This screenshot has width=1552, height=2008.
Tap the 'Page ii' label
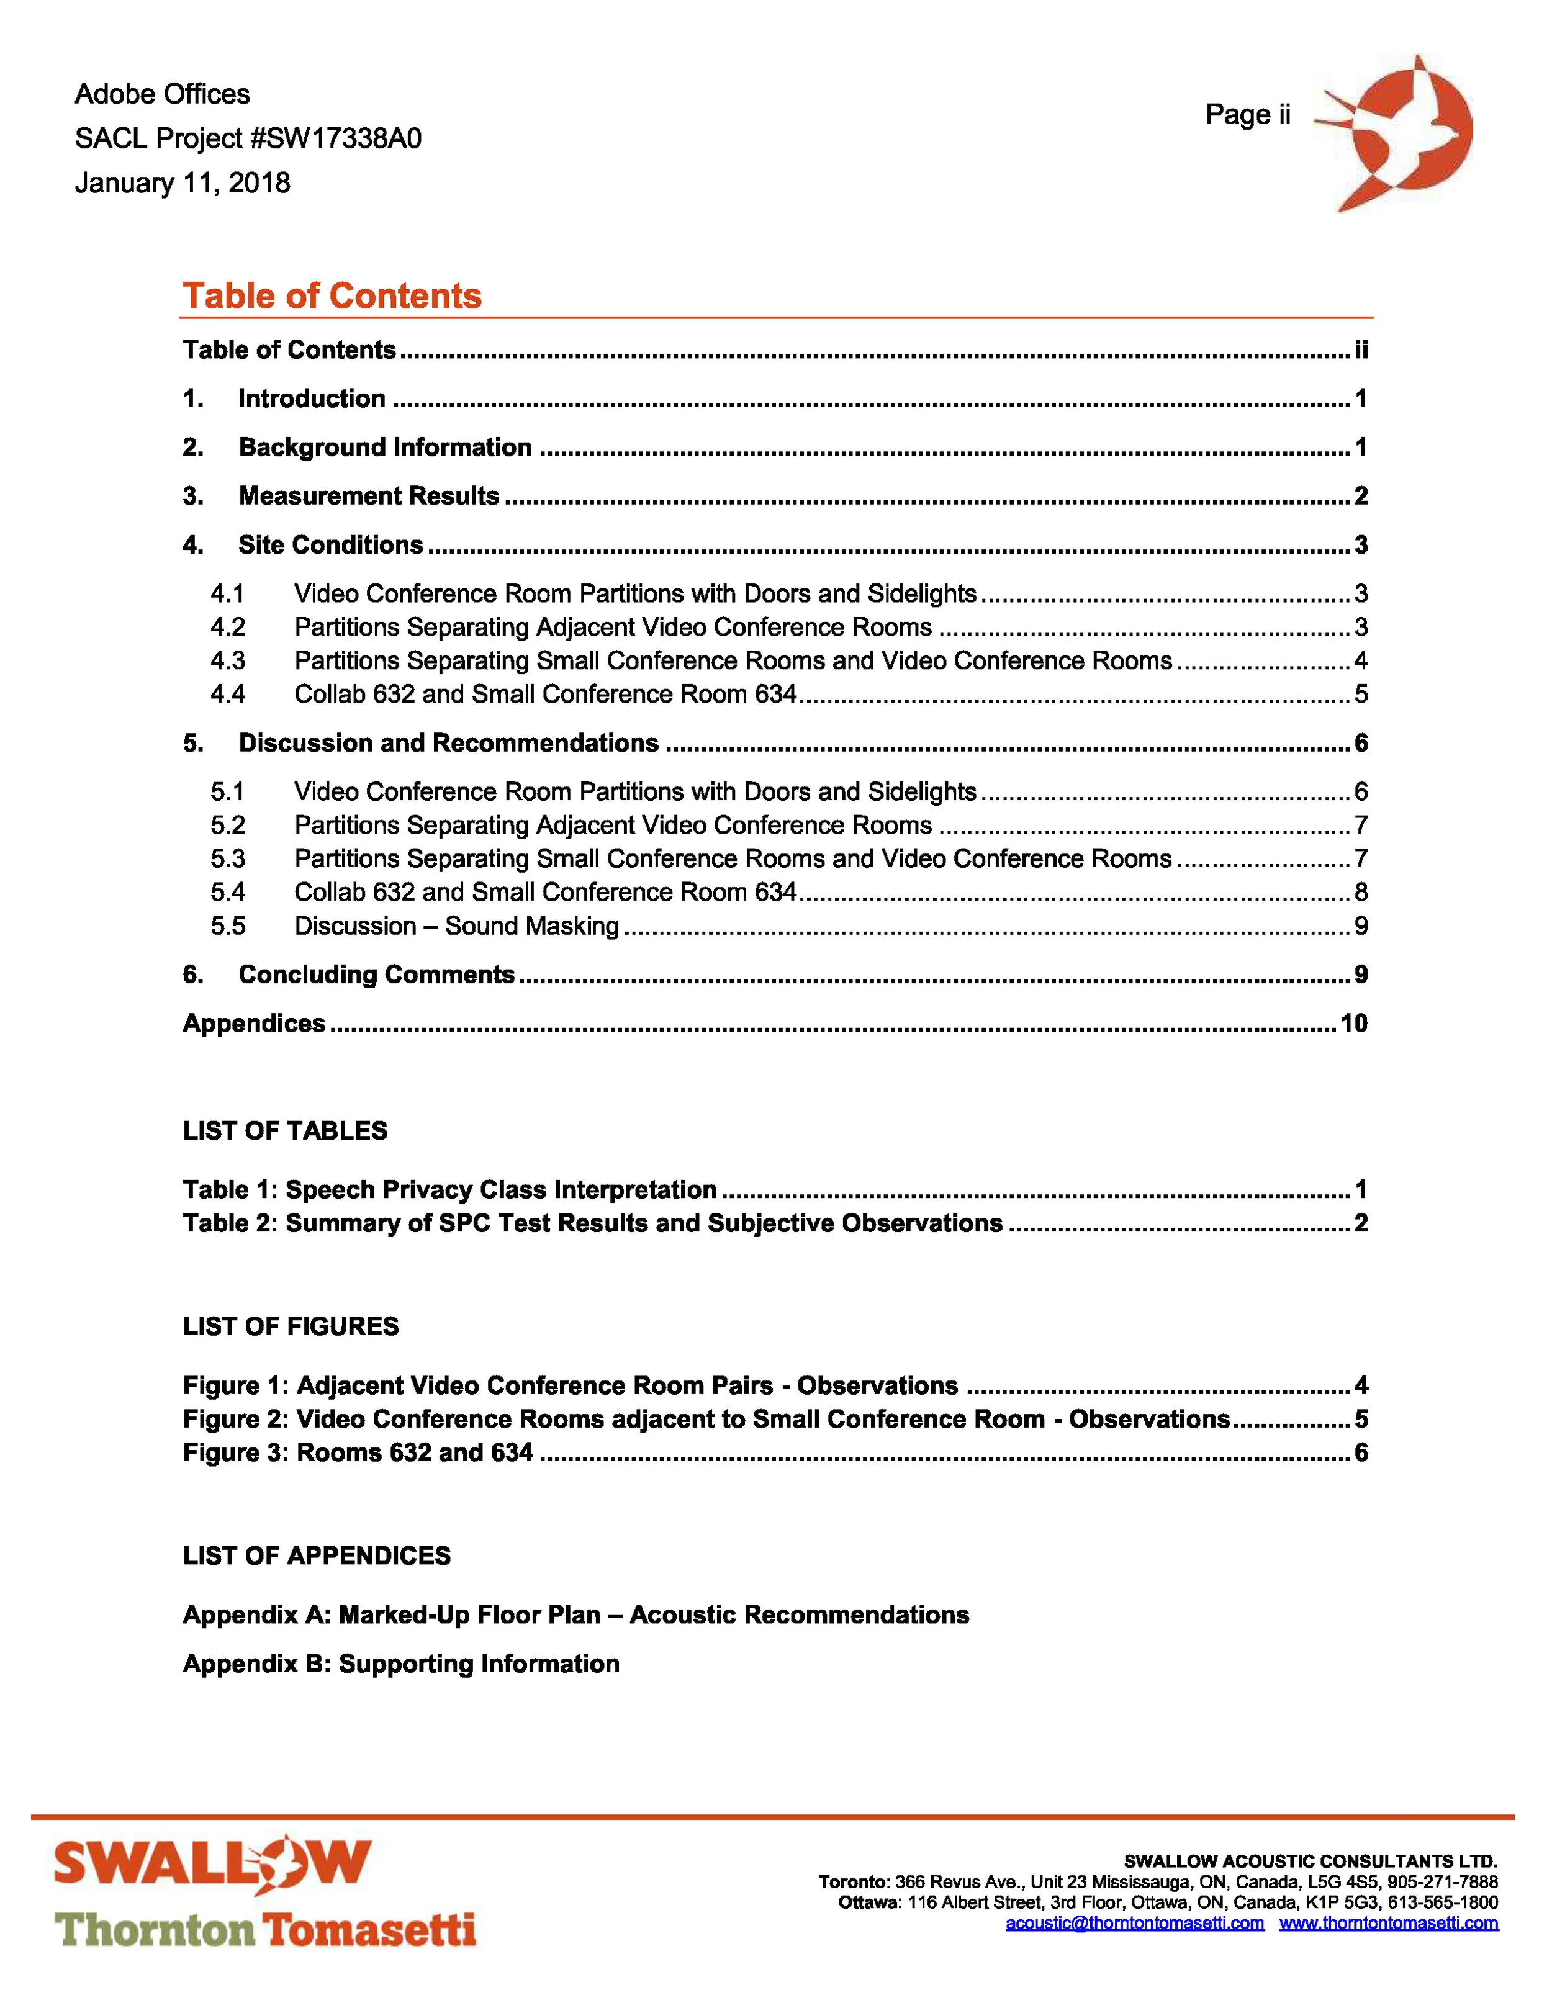tap(1248, 115)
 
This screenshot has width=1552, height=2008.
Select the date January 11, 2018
tap(182, 183)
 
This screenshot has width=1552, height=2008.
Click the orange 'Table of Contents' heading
tap(332, 296)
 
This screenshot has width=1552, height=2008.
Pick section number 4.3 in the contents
tap(227, 661)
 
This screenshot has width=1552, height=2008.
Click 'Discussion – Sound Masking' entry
tap(456, 926)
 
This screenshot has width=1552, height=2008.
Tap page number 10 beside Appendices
tap(1353, 1024)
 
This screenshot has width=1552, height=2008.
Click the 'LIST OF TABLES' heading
tap(285, 1131)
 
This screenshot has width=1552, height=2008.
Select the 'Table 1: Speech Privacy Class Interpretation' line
tap(449, 1190)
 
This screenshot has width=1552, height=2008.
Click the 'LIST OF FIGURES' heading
tap(291, 1326)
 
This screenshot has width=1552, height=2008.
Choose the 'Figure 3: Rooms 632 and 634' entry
tap(358, 1452)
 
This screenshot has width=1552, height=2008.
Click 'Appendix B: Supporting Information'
tap(401, 1664)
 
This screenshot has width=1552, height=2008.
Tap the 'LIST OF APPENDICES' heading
tap(316, 1556)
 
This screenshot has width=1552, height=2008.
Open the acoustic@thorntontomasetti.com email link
tap(1135, 1924)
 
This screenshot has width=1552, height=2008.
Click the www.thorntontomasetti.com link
tap(1388, 1924)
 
